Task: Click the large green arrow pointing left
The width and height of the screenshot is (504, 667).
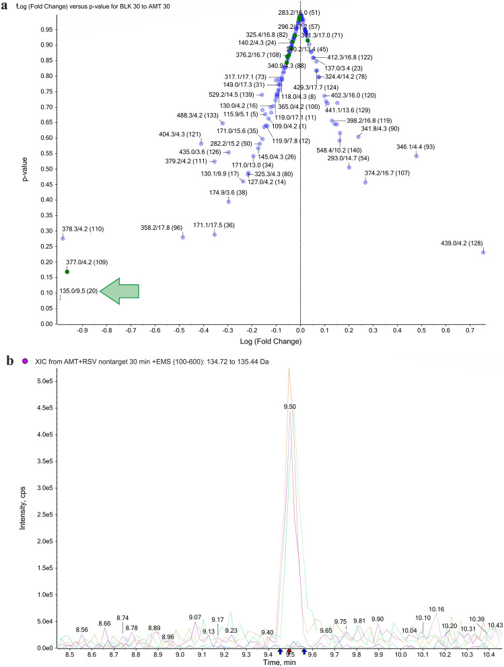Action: [x=119, y=290]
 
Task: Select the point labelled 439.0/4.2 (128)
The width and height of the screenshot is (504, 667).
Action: [x=483, y=252]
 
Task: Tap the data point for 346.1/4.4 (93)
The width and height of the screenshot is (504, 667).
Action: [x=417, y=156]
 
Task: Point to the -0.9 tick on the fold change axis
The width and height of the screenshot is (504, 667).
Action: [x=83, y=331]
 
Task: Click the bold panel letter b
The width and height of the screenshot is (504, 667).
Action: [x=9, y=360]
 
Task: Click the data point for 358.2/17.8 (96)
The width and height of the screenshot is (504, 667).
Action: [x=182, y=237]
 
